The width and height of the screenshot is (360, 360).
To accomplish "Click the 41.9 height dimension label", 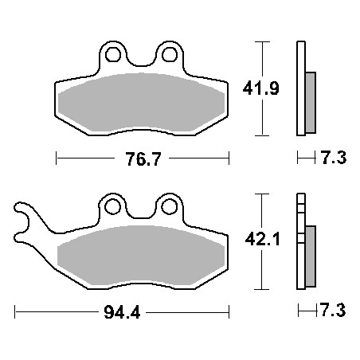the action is point(261,88).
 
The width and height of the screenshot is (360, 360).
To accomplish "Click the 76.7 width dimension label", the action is point(143,159).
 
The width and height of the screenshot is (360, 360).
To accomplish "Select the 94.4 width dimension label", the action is point(122,312).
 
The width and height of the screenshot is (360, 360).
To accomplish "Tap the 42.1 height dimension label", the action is point(262,240).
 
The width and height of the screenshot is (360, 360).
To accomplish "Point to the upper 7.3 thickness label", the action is point(334,158).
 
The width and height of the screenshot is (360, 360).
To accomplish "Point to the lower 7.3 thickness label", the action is point(333,310).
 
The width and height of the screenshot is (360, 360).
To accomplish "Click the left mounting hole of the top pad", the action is point(113,55).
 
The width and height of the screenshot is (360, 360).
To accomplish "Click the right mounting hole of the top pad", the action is point(170,55).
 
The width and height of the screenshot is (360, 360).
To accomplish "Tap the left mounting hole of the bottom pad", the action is point(113,207).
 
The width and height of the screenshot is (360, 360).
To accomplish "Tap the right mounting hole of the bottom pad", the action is point(169,207).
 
